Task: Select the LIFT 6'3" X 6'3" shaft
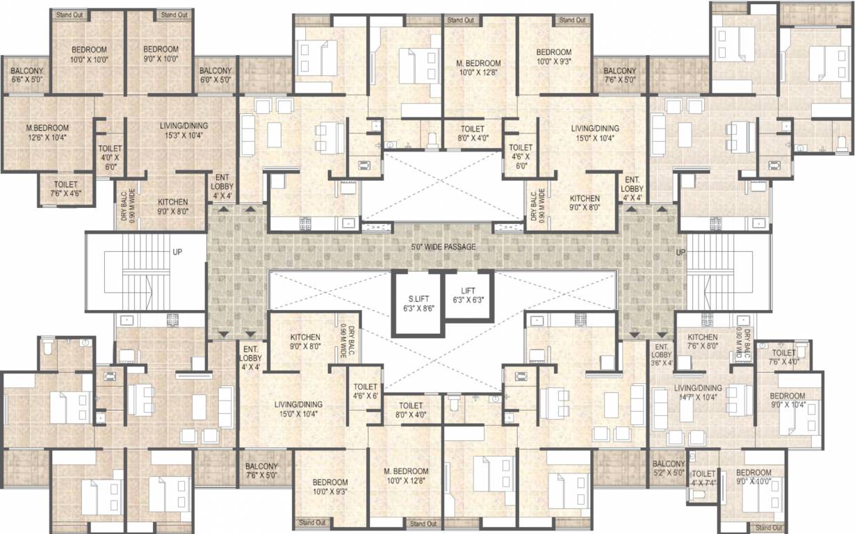coord(468,295)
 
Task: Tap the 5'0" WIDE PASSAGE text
coord(443,247)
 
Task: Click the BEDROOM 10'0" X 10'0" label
coord(89,54)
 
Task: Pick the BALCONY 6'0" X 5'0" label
coord(215,76)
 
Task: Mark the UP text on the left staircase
coord(177,252)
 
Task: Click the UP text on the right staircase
coord(680,252)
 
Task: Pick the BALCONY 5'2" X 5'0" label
coord(669,469)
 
